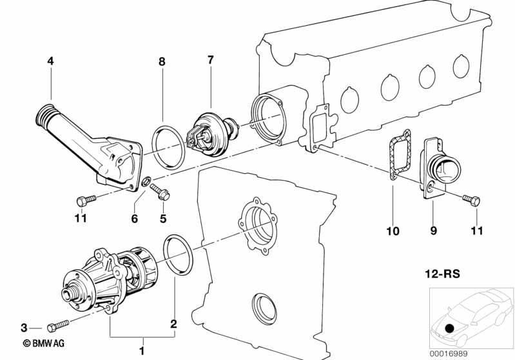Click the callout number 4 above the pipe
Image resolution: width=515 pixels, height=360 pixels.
pos(50,62)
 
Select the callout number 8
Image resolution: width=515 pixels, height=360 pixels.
pos(162,62)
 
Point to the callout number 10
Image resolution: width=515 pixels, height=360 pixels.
pos(393,231)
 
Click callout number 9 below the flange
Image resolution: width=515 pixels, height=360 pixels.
pos(432,231)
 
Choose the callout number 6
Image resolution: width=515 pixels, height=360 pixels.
pos(135,219)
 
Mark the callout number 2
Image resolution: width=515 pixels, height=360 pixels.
pos(173,325)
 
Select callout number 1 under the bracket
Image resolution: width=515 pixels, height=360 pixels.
pos(142,351)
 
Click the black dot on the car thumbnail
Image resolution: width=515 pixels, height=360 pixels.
pos(449,328)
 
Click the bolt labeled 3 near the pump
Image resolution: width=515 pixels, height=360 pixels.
pos(57,327)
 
